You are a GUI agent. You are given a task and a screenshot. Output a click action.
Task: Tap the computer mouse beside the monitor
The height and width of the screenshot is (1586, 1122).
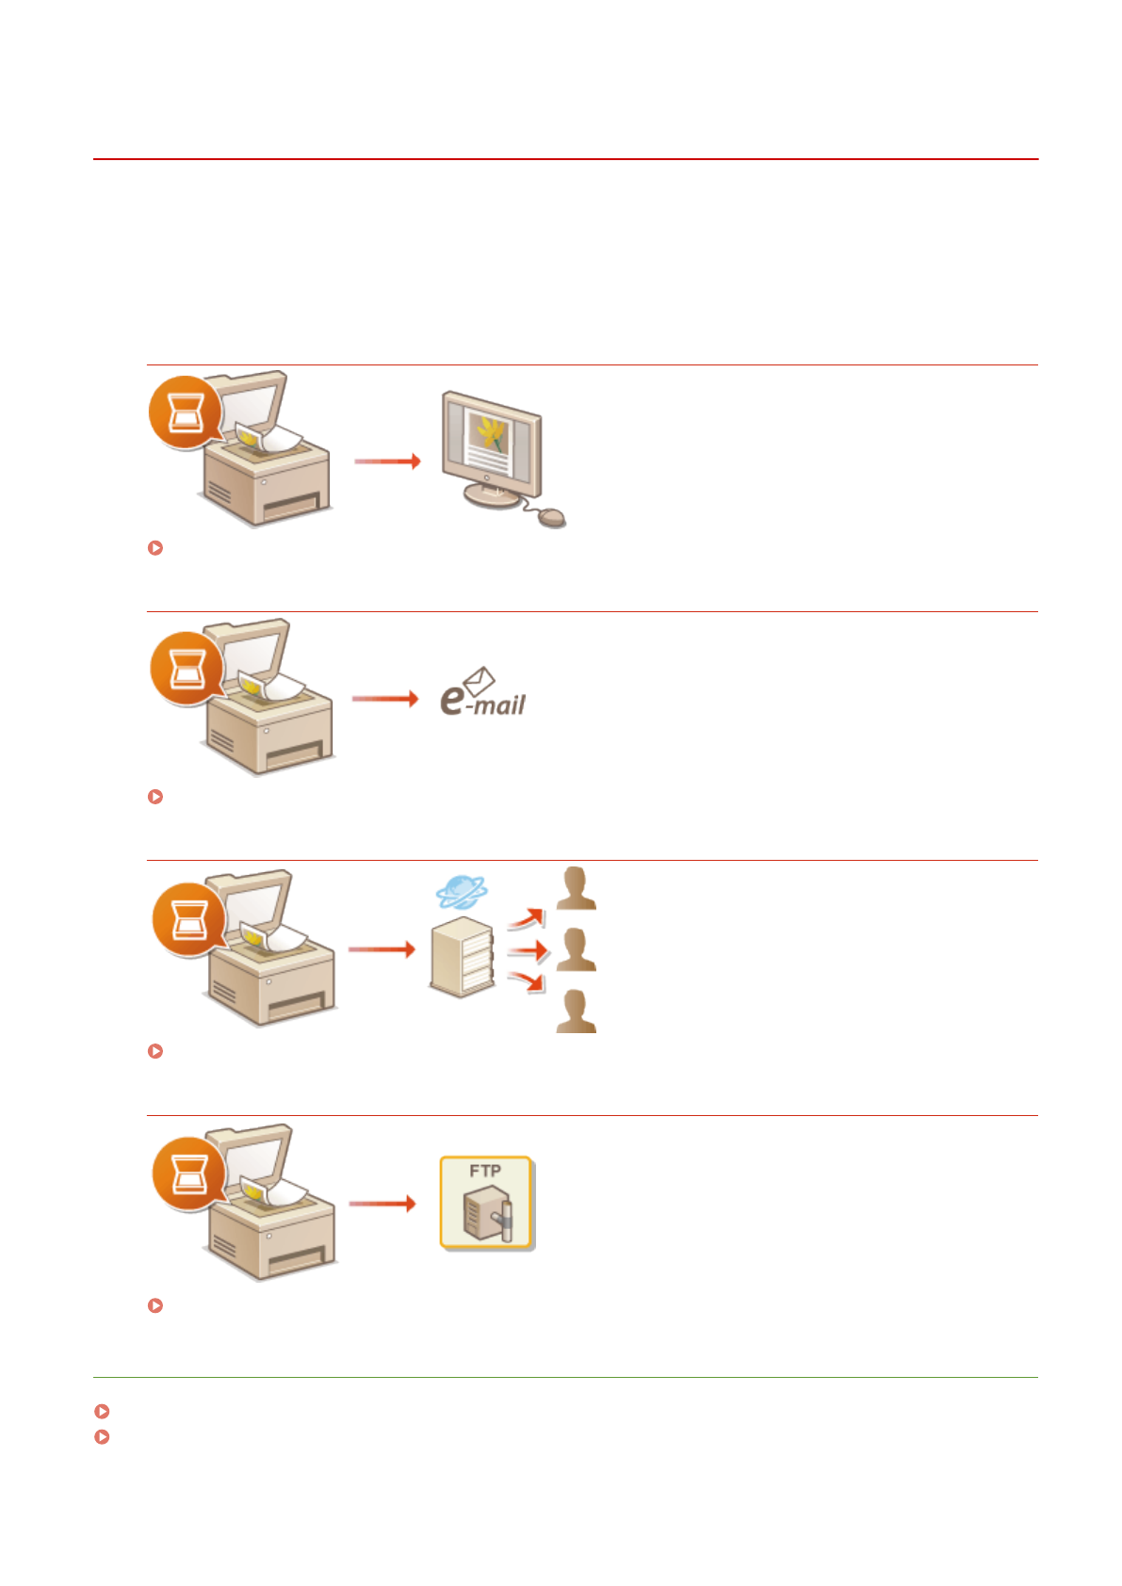point(551,517)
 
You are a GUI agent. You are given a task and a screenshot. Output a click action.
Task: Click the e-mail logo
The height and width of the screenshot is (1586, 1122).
point(482,692)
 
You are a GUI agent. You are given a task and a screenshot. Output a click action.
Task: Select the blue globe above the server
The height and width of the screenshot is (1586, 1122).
point(462,890)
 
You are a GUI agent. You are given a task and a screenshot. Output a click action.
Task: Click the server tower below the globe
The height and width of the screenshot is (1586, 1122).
point(462,956)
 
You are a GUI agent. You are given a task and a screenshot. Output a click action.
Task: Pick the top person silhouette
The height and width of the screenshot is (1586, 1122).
point(576,888)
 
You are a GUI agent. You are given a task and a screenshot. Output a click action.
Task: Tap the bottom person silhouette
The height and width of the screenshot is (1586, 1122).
point(576,1011)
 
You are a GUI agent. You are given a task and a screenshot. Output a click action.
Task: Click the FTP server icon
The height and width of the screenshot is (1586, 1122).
point(486,1203)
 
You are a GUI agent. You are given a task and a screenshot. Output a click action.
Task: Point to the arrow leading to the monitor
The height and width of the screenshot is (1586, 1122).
point(386,461)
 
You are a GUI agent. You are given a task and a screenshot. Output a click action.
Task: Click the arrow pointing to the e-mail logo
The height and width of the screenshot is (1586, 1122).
point(384,699)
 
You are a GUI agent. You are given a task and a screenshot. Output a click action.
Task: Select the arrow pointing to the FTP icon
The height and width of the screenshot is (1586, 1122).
point(382,1204)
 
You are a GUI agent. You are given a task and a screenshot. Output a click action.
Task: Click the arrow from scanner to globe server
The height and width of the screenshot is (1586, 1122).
point(382,949)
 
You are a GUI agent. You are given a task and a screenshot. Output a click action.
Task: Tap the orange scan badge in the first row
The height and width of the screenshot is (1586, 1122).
point(185,412)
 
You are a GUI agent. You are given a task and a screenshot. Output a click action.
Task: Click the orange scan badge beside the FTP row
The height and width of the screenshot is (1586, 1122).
point(188,1173)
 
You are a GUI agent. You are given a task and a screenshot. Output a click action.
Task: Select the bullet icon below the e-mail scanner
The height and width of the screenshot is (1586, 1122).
point(156,797)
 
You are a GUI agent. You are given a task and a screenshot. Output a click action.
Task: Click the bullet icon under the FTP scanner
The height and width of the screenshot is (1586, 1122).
point(156,1305)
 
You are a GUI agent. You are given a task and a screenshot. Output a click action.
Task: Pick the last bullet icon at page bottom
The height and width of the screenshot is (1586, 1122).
point(103,1437)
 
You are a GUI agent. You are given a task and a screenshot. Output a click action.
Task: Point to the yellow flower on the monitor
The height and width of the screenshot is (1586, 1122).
point(491,432)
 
